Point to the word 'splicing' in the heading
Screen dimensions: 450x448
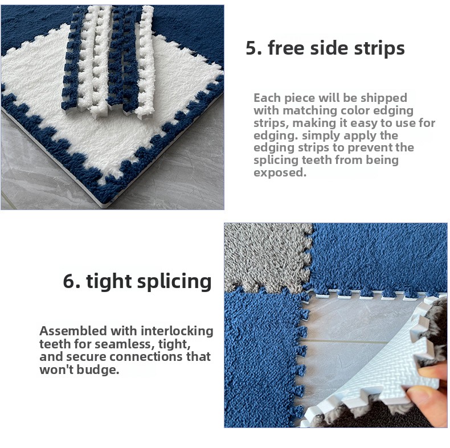pyautogui.click(x=174, y=282)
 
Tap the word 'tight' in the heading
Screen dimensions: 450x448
pyautogui.click(x=109, y=282)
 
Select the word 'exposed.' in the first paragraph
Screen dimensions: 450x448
pyautogui.click(x=280, y=172)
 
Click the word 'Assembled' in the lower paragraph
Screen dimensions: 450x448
pyautogui.click(x=73, y=331)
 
